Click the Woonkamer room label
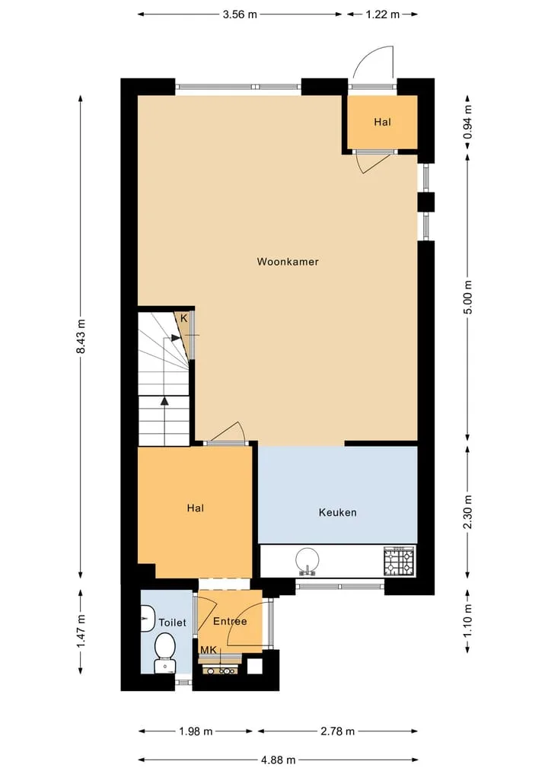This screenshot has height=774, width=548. (x=288, y=262)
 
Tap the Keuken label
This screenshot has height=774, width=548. (x=338, y=512)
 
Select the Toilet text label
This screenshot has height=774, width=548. (x=172, y=623)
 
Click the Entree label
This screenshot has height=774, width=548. (x=230, y=621)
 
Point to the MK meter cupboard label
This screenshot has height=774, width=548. (x=209, y=650)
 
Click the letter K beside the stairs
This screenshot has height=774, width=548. (x=183, y=318)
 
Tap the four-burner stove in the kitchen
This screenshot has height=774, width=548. (x=399, y=561)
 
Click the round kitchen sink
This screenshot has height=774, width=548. (x=307, y=562)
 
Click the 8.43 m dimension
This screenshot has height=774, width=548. (x=81, y=336)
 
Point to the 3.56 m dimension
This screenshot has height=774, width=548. (x=240, y=14)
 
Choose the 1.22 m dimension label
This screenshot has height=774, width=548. (x=383, y=14)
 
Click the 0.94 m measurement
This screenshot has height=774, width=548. (x=468, y=122)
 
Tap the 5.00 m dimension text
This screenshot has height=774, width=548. (x=468, y=297)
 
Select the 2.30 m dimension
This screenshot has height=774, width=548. (x=468, y=512)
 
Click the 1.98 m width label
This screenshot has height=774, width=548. (x=196, y=731)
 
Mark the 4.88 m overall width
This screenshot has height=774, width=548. (x=279, y=760)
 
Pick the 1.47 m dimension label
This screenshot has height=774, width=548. (x=81, y=632)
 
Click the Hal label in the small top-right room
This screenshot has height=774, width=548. (x=382, y=122)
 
